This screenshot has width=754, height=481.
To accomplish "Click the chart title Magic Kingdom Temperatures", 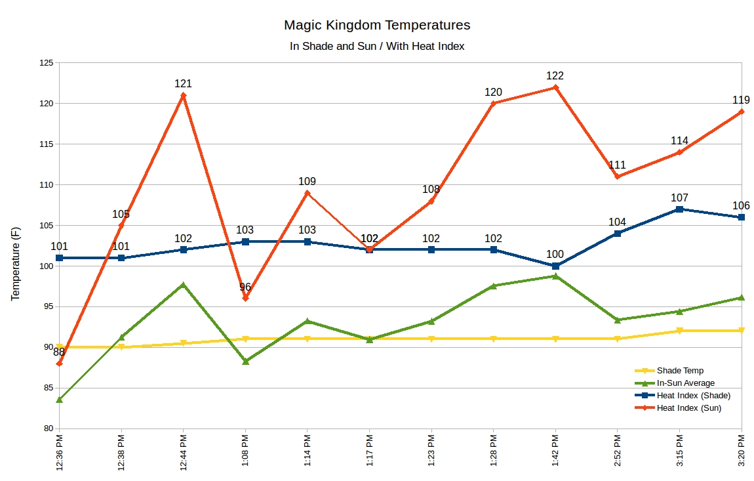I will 377,26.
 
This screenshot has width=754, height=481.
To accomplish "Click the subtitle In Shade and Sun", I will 377,47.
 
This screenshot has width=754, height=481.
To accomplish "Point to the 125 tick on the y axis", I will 45,63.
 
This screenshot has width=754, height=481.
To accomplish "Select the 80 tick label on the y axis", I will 48,429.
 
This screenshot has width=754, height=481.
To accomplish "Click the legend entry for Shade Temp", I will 680,371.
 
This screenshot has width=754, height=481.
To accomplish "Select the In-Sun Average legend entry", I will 685,383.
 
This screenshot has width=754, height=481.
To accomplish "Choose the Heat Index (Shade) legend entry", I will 693,396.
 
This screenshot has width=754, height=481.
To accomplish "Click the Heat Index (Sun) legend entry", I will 688,408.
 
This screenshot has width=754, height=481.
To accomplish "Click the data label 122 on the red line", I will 555,76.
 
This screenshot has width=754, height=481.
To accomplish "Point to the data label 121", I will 183,84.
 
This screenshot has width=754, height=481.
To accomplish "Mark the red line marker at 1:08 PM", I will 245,298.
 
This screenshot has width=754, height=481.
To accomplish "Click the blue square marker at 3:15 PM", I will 679,209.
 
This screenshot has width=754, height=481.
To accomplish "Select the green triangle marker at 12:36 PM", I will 60,400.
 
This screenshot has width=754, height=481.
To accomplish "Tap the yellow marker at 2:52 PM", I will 618,339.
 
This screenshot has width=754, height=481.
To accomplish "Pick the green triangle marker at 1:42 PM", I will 555,276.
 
